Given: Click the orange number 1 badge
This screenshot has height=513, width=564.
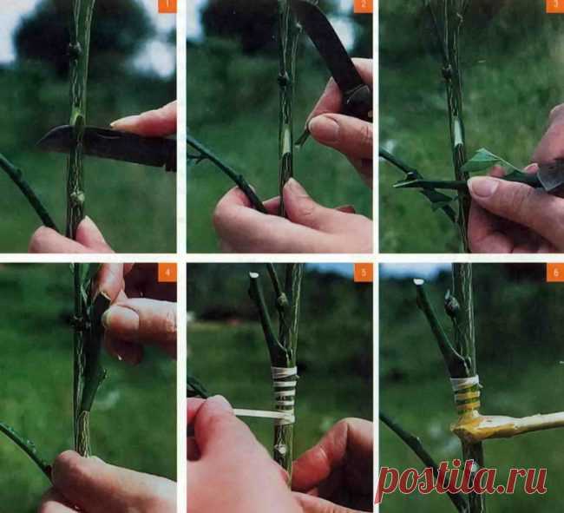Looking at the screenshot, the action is (167, 6).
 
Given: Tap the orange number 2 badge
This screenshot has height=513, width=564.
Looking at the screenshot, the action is (363, 6).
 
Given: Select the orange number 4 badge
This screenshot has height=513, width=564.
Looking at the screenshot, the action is (167, 273).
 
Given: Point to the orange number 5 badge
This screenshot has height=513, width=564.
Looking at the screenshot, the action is (363, 273).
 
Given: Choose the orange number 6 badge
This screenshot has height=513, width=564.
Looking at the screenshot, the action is (555, 273).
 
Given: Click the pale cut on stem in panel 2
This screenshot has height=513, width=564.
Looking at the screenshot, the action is (286, 142).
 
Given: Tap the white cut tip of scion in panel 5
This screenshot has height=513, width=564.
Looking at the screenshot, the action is (254, 275).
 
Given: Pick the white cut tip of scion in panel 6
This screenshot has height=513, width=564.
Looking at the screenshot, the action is (418, 282).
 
